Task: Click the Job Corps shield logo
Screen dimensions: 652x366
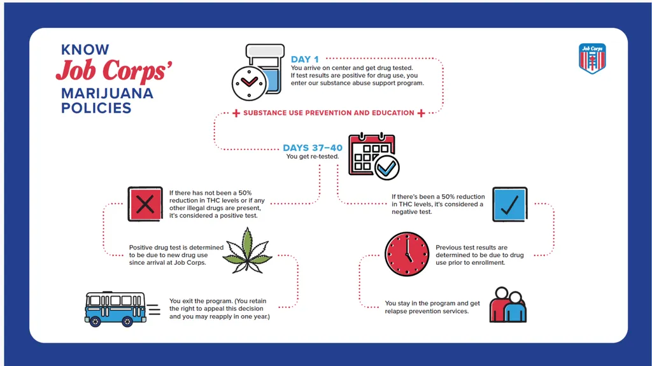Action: (592, 59)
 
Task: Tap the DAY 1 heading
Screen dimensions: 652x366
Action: (305, 59)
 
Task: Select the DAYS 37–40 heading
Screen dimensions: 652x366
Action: (313, 148)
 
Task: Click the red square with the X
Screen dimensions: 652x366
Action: (145, 204)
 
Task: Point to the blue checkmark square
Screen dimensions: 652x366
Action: (510, 204)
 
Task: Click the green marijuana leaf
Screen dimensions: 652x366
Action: (248, 251)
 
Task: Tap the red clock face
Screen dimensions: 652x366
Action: (407, 254)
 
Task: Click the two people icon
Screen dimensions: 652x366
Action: (507, 305)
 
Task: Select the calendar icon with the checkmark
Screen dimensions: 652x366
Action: (373, 157)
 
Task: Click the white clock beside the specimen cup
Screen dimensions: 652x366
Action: (249, 83)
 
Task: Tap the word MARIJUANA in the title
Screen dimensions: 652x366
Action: (107, 93)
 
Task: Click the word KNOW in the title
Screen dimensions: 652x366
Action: (85, 50)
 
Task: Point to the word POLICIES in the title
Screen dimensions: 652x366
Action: (96, 108)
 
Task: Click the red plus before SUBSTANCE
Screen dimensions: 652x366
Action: (236, 113)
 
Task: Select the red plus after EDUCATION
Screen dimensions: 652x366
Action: (422, 113)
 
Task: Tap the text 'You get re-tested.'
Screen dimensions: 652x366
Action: (312, 157)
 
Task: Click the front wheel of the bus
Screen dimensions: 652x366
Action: (95, 321)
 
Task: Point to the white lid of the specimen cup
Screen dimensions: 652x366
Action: (266, 51)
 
